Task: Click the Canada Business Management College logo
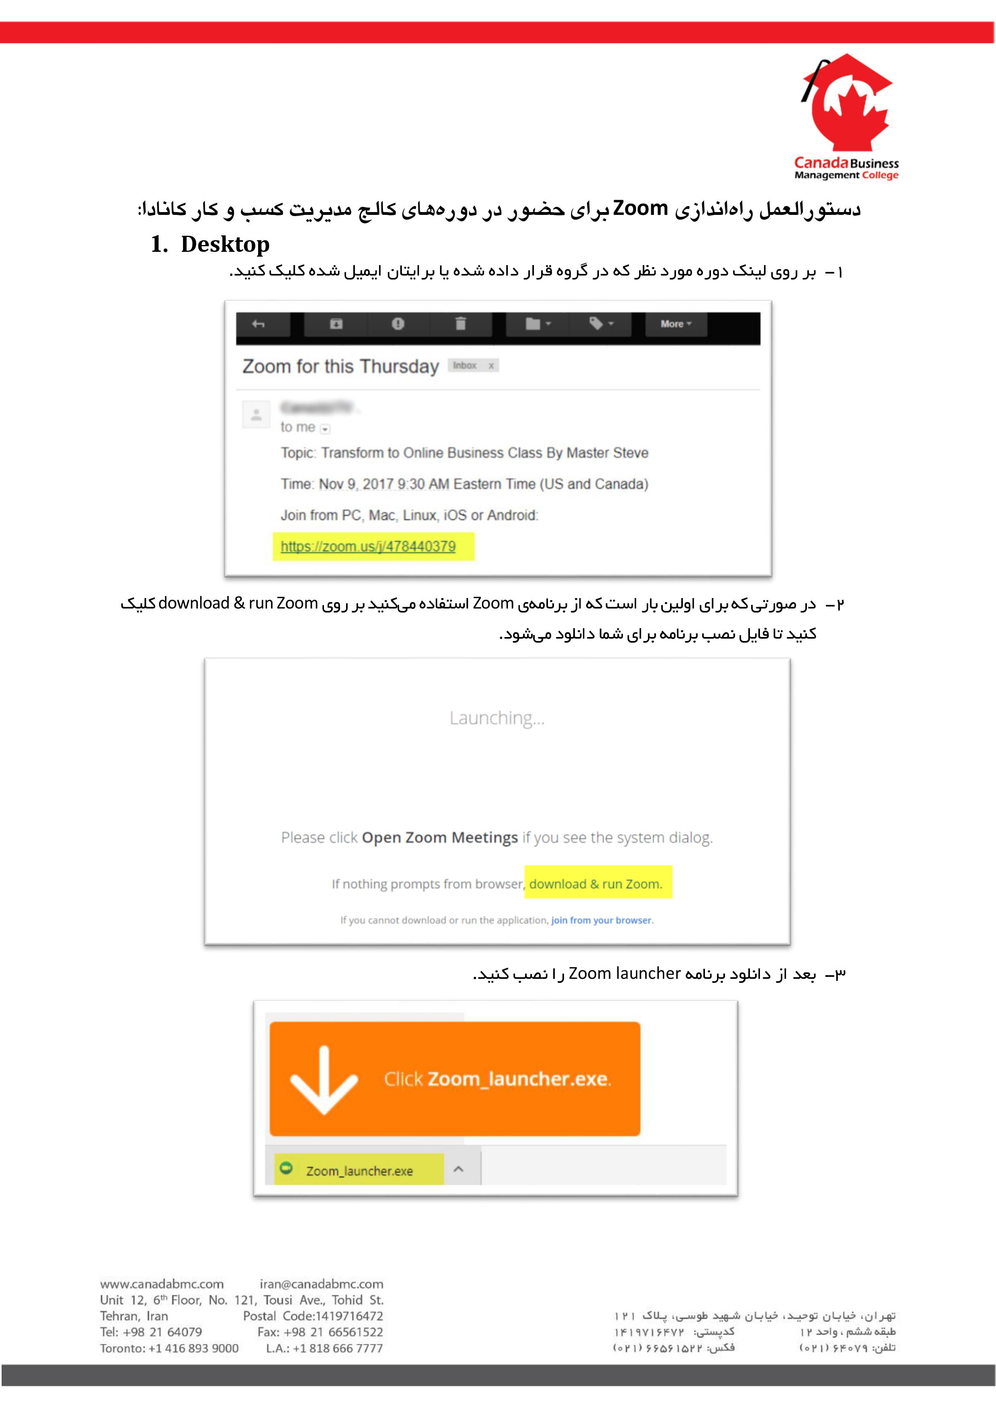click(846, 116)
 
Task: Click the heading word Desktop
click(225, 244)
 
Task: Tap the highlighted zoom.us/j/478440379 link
click(368, 546)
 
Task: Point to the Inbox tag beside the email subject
click(465, 366)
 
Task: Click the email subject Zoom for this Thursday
click(340, 366)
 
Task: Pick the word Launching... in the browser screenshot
click(497, 718)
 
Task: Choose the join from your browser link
click(601, 920)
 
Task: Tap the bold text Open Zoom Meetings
click(440, 838)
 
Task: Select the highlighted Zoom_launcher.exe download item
click(359, 1170)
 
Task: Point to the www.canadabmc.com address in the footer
click(162, 1283)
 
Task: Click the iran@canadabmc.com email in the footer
click(322, 1283)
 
